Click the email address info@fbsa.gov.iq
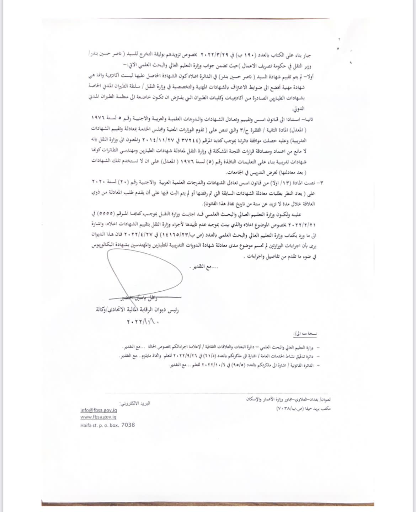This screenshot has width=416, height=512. [x=98, y=410]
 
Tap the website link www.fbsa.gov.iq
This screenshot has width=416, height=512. [x=98, y=417]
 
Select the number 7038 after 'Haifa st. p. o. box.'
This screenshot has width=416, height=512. [x=128, y=425]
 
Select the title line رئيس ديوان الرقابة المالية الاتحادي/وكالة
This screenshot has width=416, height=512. [x=137, y=309]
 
